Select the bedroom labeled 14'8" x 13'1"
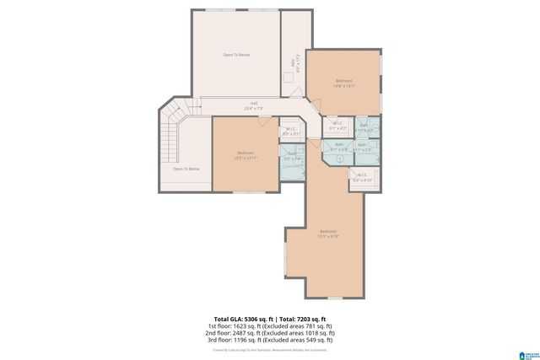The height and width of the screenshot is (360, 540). pyautogui.click(x=343, y=83)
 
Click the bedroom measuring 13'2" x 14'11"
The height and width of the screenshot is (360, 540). pyautogui.click(x=246, y=154)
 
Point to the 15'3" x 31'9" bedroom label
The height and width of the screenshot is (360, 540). pyautogui.click(x=328, y=234)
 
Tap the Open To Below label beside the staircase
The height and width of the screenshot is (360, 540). pyautogui.click(x=186, y=169)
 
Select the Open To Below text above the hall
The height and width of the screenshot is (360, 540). pyautogui.click(x=236, y=55)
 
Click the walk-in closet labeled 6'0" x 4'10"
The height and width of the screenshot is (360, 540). pyautogui.click(x=362, y=178)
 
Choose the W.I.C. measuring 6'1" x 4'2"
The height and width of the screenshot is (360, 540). pyautogui.click(x=338, y=126)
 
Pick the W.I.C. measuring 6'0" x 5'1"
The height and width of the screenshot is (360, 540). pyautogui.click(x=291, y=132)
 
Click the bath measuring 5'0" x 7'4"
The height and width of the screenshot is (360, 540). pyautogui.click(x=290, y=156)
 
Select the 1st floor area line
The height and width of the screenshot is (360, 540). pyautogui.click(x=270, y=325)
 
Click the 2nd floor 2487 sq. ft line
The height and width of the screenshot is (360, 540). pyautogui.click(x=270, y=333)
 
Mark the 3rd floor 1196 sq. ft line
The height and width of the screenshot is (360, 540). pyautogui.click(x=270, y=341)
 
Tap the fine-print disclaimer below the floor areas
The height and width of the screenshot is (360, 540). pyautogui.click(x=270, y=350)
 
